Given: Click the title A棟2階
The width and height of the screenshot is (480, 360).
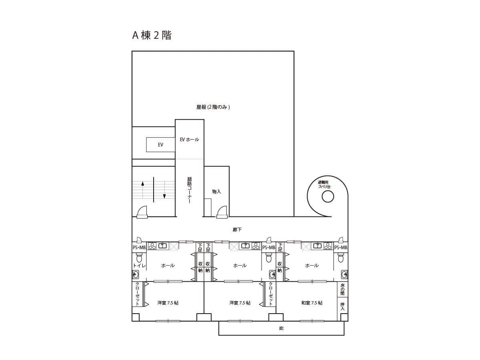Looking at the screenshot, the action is pos(152,35).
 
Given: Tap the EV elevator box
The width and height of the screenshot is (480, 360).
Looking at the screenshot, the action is pos(160,145).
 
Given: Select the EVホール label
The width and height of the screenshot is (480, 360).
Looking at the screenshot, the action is pos(189,140).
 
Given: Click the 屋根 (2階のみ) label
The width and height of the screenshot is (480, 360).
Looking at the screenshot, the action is pos(213,107).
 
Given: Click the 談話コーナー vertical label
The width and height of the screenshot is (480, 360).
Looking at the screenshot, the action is pos(189,190).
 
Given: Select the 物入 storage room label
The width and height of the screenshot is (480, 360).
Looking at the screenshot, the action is pos(216,192).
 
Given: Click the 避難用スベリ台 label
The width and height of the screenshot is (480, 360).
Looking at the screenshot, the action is pos(324,184).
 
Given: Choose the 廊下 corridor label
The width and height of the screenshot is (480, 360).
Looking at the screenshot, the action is pos(237,230).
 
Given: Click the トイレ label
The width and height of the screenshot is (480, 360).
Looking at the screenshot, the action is pos(139,266).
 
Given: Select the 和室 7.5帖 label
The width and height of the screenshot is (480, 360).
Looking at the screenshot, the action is pos(312,303).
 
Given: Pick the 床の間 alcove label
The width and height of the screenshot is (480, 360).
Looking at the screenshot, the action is pos(342,290).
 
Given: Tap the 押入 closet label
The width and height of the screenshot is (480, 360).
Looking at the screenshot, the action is pos(342,306).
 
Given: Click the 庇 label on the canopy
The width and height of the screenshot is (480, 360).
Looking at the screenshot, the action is pos(281,328).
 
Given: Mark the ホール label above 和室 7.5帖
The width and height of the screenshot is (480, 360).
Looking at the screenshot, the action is pos(312,266).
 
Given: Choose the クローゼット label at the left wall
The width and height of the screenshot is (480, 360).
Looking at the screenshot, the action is pos(138,294).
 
